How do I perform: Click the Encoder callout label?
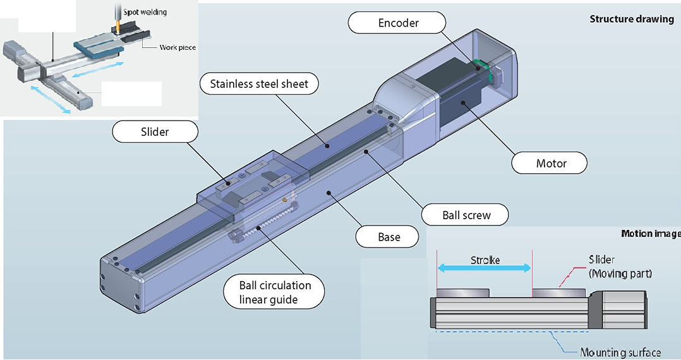pyautogui.click(x=398, y=23)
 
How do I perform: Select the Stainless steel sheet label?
pyautogui.click(x=259, y=84)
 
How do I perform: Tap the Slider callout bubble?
pyautogui.click(x=155, y=132)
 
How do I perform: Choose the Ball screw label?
pyautogui.click(x=466, y=215)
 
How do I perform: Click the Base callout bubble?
pyautogui.click(x=389, y=237)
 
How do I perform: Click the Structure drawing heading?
pyautogui.click(x=631, y=19)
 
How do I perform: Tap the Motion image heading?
pyautogui.click(x=651, y=234)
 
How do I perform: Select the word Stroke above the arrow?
pyautogui.click(x=485, y=260)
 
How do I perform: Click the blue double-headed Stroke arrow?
pyautogui.click(x=485, y=268)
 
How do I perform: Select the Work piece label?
pyautogui.click(x=177, y=47)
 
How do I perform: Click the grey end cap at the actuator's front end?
pyautogui.click(x=120, y=281)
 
